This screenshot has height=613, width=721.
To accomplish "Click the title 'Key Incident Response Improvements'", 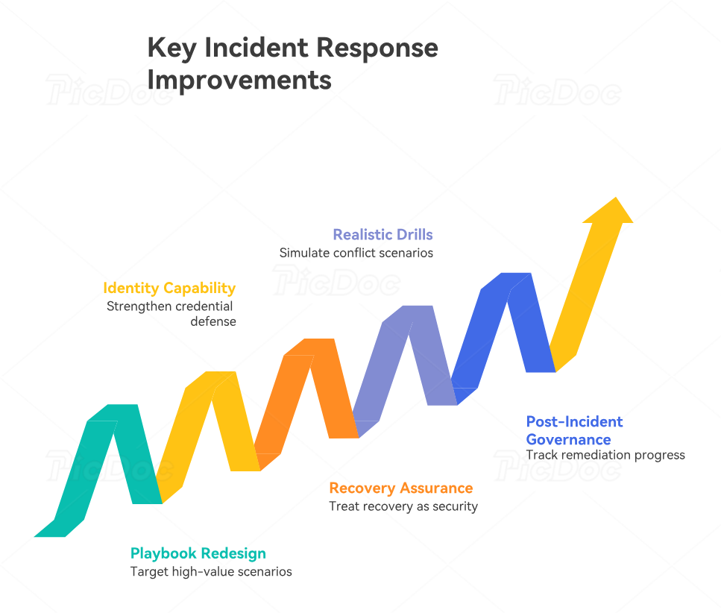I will [x=292, y=63].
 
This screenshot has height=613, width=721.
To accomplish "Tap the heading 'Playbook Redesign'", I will [x=198, y=553].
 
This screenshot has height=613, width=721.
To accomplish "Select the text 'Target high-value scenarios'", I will [x=211, y=572].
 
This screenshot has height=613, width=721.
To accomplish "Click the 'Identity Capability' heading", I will [x=169, y=288].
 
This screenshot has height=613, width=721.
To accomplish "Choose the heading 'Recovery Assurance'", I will [x=401, y=488].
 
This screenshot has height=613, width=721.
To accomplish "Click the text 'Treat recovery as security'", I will [x=403, y=506].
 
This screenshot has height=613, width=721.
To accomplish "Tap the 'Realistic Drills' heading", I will [x=382, y=234].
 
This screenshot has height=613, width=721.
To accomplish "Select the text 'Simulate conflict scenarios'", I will [x=356, y=253].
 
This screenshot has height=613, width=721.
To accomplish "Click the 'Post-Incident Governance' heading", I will [x=574, y=430].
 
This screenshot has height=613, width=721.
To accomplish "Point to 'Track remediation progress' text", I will [x=605, y=455].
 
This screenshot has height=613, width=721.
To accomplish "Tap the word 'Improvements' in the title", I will [x=239, y=79].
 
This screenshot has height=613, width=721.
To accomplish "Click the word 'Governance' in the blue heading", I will [x=568, y=440].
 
